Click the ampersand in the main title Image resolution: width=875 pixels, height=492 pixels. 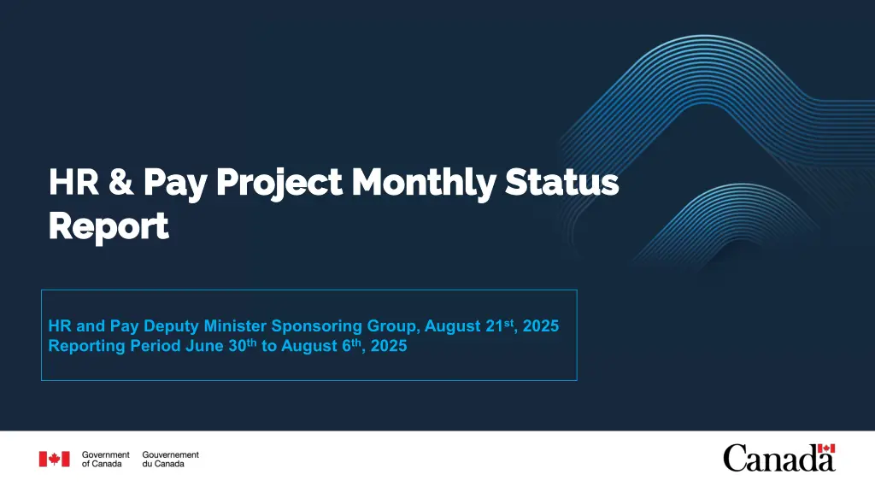pos(121,182)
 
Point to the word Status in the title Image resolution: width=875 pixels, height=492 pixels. pos(562,183)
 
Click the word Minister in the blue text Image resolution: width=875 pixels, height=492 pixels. pos(235,325)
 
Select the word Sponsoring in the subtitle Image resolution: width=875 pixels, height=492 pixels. pos(316,326)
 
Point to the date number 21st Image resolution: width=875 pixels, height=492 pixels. pos(500,325)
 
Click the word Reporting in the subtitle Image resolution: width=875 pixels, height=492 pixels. pos(86,346)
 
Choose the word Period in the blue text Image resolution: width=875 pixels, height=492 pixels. pos(156,346)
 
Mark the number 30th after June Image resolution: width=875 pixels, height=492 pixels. pos(242,345)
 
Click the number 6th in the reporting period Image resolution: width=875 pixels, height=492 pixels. pos(351,345)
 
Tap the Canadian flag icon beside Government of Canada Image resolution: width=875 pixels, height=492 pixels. pos(54,459)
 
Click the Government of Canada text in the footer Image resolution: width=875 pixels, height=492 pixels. pos(105,459)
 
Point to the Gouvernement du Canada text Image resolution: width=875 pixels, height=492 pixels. pos(170,459)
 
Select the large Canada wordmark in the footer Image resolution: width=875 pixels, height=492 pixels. pos(779,459)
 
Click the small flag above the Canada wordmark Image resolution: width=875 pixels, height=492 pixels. pos(826,448)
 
